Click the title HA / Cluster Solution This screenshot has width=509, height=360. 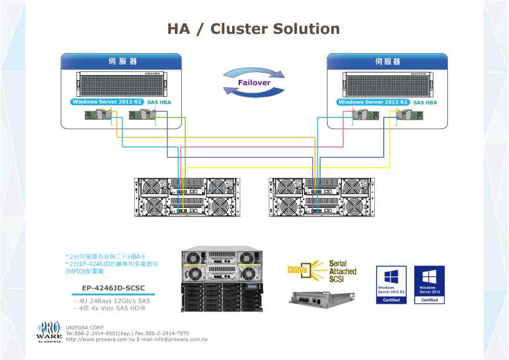(253, 29)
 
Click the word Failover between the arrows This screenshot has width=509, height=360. (254, 82)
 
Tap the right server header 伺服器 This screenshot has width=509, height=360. (387, 62)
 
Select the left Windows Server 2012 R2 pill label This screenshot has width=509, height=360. (107, 102)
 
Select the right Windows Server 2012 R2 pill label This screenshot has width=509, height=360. (374, 102)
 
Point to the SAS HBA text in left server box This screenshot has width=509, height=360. (159, 103)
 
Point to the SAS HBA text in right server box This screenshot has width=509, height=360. (425, 103)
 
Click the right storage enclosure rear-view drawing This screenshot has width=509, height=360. (322, 197)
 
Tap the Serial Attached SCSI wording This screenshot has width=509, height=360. (342, 272)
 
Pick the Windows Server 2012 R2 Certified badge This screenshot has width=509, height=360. (392, 284)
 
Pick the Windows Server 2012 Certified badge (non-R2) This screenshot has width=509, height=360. (429, 284)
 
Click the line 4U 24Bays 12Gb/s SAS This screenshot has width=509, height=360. (113, 301)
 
